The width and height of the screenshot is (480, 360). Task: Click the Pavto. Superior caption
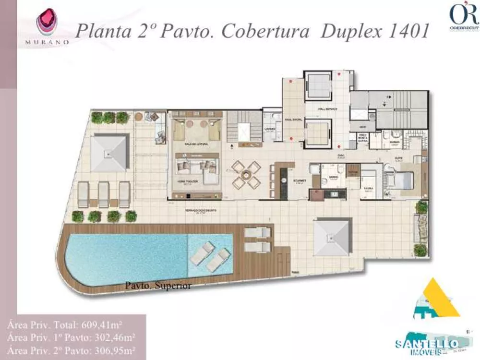click(x=158, y=286)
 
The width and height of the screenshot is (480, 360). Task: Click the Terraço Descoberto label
click(x=201, y=211)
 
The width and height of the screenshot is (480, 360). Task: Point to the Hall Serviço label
click(x=327, y=109)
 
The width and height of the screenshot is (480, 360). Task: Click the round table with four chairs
click(x=245, y=175)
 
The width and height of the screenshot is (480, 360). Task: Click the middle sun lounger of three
click(x=104, y=194)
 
